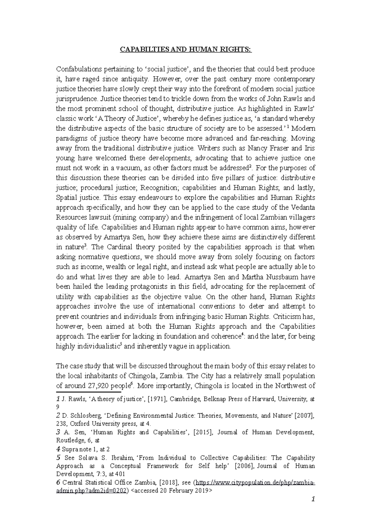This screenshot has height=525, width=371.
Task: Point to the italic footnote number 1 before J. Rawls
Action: coord(58,399)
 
